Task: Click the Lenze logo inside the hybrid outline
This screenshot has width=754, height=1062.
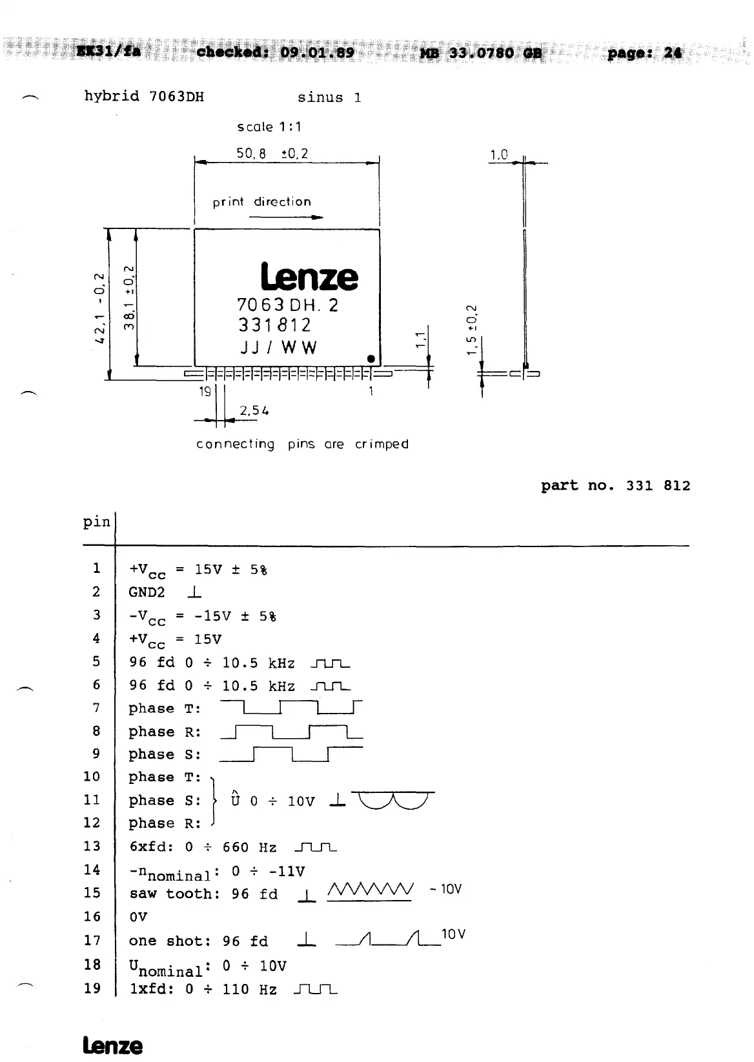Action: (x=309, y=277)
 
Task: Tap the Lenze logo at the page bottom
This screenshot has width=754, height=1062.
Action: (x=112, y=1046)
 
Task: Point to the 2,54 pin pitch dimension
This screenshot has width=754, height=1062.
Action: (x=253, y=410)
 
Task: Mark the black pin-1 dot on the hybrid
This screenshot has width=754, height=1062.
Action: (x=371, y=359)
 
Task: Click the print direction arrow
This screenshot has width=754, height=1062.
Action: (x=286, y=217)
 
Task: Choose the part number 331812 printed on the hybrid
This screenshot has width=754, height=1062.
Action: (x=275, y=325)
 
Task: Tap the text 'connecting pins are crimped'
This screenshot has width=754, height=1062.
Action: (x=302, y=444)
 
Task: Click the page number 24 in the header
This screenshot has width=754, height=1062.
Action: (x=672, y=53)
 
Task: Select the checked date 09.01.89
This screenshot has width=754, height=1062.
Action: (x=318, y=52)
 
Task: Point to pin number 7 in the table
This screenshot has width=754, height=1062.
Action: (x=96, y=708)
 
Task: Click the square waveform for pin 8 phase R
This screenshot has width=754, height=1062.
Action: (x=291, y=732)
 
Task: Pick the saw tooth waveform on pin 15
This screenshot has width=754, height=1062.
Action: (x=370, y=891)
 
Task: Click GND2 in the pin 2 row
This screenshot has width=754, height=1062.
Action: (x=147, y=592)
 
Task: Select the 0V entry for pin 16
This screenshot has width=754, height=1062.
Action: (x=138, y=917)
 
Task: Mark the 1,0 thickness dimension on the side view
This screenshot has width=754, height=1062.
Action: (x=499, y=155)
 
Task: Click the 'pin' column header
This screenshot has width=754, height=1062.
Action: (x=97, y=521)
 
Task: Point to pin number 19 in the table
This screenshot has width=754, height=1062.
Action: (x=92, y=988)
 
